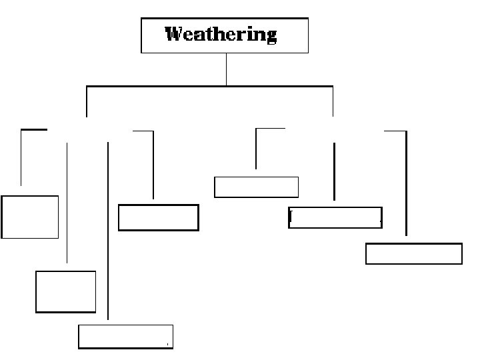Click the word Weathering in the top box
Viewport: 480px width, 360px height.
[x=221, y=34]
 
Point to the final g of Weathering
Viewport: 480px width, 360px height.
[x=270, y=36]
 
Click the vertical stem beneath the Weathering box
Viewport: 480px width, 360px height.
[x=226, y=69]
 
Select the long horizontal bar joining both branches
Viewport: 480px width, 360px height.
[x=209, y=86]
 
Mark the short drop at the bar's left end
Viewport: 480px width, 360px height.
[x=87, y=101]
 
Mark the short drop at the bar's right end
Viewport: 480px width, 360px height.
[x=333, y=101]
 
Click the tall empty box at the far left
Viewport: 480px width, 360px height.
[x=30, y=217]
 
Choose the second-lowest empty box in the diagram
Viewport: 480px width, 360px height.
[x=65, y=291]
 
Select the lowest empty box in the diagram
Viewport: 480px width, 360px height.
[x=125, y=337]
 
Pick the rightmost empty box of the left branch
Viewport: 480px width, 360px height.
[x=159, y=217]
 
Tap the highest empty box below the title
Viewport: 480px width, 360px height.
[x=256, y=187]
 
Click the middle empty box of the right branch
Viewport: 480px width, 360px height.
[x=335, y=218]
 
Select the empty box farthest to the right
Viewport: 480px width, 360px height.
[x=413, y=254]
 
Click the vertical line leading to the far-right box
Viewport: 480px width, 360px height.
[x=405, y=183]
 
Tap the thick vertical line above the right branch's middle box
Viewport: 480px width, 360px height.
[x=334, y=171]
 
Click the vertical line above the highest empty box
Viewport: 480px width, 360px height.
[x=256, y=148]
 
